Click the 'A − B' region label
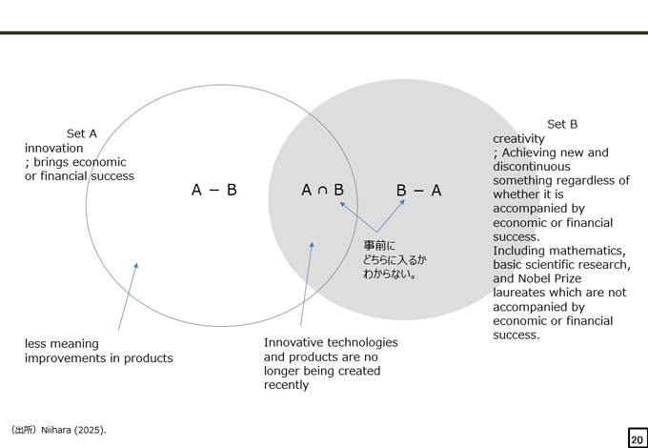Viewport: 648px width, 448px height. pyautogui.click(x=214, y=190)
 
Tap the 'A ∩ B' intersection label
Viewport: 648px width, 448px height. pyautogui.click(x=322, y=190)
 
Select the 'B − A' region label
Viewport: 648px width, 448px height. pyautogui.click(x=418, y=191)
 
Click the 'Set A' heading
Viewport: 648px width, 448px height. pyautogui.click(x=82, y=133)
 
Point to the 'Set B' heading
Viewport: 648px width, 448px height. pyautogui.click(x=562, y=124)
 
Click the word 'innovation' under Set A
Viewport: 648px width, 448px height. pyautogui.click(x=53, y=148)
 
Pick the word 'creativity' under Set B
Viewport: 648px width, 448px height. pyautogui.click(x=518, y=139)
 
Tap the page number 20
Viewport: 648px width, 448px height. pyautogui.click(x=637, y=439)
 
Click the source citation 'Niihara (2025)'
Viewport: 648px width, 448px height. pyautogui.click(x=73, y=430)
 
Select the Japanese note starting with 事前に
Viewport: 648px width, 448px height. pyautogui.click(x=395, y=259)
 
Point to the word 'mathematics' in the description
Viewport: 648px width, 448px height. pyautogui.click(x=593, y=251)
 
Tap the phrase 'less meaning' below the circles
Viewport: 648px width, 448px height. pyautogui.click(x=62, y=344)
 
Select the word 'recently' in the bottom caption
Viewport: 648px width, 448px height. pyautogui.click(x=287, y=385)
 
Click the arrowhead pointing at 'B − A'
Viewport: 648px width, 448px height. pyautogui.click(x=402, y=201)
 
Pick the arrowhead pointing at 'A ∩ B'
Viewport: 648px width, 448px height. pyautogui.click(x=342, y=204)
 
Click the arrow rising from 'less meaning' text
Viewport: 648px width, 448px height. pyautogui.click(x=128, y=296)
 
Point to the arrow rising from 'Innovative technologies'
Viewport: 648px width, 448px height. pyautogui.click(x=307, y=284)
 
